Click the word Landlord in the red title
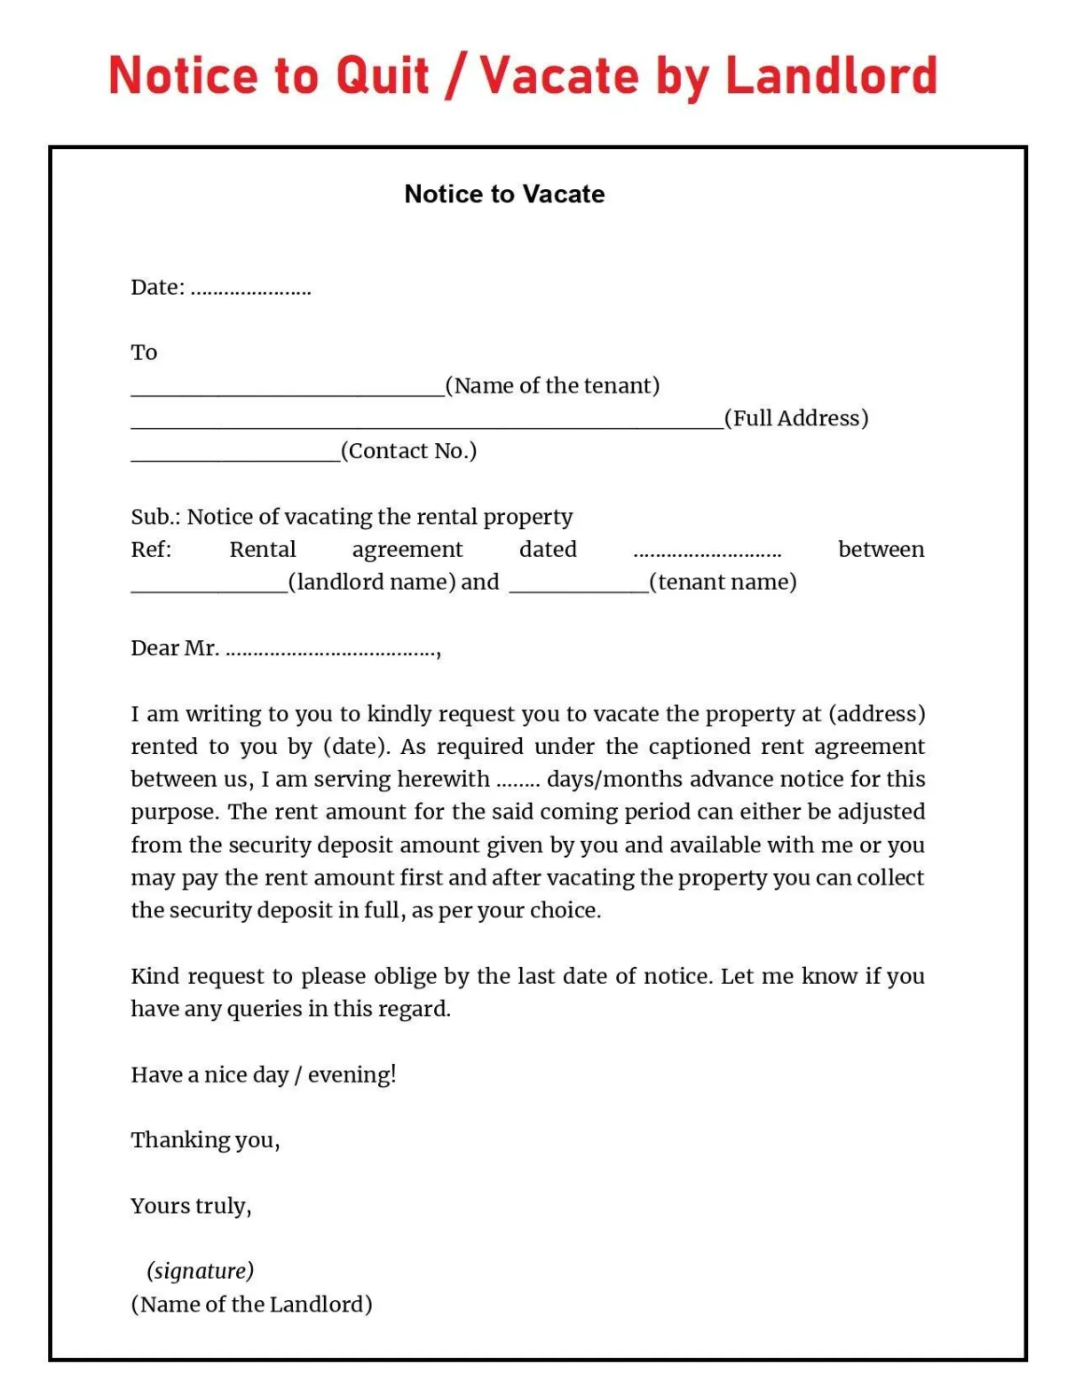click(x=831, y=75)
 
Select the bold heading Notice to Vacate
click(x=504, y=194)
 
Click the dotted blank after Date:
click(x=250, y=290)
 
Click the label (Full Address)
click(x=796, y=418)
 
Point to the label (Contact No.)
click(x=408, y=451)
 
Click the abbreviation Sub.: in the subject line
click(x=155, y=517)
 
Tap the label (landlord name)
click(x=372, y=582)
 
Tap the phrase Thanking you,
click(x=205, y=1140)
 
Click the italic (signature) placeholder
click(x=201, y=1271)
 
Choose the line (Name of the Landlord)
click(x=251, y=1304)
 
